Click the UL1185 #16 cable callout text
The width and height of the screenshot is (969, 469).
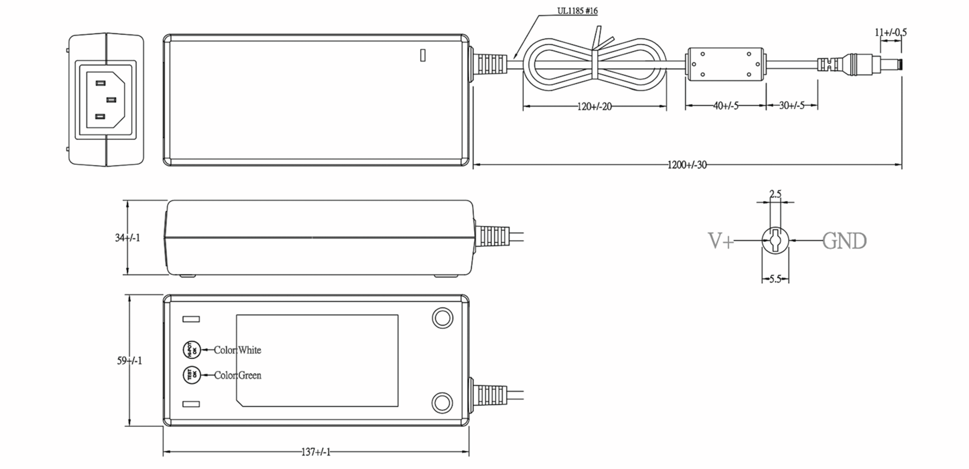577,11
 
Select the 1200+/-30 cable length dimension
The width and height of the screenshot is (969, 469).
687,165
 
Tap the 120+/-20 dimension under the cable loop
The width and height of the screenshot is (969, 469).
594,107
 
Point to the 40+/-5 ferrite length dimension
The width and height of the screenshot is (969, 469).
726,106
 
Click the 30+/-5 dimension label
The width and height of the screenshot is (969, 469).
791,105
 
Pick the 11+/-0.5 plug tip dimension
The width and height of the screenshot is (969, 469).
890,32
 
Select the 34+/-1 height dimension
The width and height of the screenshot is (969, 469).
128,238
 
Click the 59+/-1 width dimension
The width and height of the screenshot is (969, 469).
130,360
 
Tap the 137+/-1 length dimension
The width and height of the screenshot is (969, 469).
316,452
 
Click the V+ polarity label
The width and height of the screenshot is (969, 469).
721,241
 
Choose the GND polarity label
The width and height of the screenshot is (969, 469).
844,241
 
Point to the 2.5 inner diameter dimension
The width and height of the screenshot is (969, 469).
775,194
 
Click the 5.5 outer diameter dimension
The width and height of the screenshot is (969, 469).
775,279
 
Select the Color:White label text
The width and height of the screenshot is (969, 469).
237,350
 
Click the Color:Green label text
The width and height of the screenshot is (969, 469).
237,375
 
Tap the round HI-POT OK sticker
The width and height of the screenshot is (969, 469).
192,350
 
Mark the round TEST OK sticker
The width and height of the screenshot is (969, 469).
192,375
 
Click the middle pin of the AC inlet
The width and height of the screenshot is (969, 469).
111,100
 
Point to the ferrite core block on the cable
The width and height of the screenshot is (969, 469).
726,64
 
